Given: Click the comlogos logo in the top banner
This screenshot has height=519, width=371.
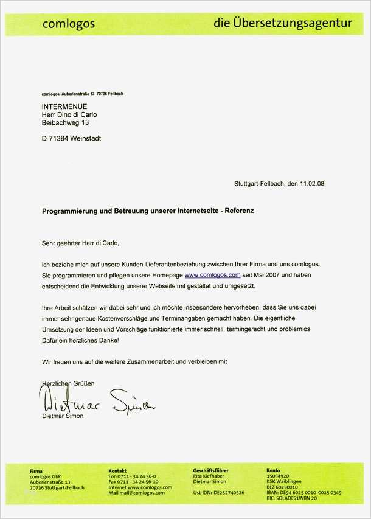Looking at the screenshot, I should click(68, 24).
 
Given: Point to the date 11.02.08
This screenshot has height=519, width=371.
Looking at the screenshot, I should click(312, 183).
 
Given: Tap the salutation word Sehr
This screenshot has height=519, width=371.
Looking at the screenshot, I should click(48, 243).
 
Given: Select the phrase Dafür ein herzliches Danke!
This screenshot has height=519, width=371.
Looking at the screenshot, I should click(76, 340).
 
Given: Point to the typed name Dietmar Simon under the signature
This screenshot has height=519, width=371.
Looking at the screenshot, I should click(63, 416).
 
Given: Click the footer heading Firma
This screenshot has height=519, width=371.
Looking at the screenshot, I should click(36, 471).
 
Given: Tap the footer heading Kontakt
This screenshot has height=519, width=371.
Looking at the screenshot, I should click(117, 471).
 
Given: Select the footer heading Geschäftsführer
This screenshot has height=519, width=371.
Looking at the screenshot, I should click(210, 471).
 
